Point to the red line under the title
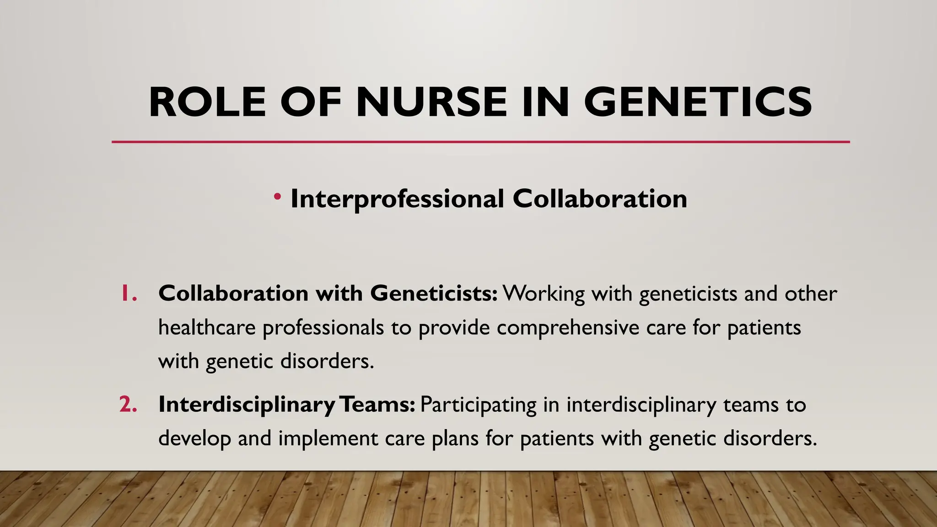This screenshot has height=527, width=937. tap(480, 142)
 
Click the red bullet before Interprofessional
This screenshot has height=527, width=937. tap(277, 197)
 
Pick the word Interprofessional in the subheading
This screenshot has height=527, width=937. tap(397, 199)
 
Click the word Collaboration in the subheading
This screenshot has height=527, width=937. tap(599, 199)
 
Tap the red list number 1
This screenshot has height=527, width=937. tap(128, 293)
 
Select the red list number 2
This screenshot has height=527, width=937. tap(128, 404)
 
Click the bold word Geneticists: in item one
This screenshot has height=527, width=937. tap(434, 293)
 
